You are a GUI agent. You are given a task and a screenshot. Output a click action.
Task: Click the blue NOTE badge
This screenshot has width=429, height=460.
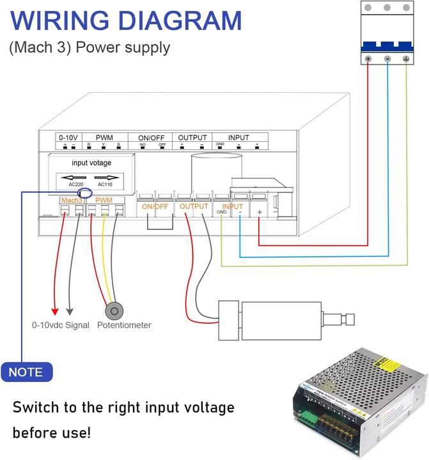26,372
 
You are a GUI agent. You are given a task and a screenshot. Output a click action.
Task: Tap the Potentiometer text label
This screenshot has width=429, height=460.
124,325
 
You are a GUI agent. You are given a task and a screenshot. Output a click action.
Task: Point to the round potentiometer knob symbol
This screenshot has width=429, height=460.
114,311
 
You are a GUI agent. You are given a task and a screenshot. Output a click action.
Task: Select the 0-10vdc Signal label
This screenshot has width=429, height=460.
61,325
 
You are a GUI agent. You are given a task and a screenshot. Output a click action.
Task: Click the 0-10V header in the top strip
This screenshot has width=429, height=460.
68,137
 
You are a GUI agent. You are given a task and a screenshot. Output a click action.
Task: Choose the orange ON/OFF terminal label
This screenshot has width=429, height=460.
155,207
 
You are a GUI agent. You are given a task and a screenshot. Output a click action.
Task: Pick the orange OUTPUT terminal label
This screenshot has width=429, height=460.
194,206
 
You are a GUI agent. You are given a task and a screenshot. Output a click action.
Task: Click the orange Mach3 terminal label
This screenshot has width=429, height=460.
72,201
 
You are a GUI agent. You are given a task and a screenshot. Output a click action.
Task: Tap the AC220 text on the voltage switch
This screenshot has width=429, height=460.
75,185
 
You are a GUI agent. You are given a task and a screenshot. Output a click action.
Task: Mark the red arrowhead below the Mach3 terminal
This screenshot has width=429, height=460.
55,311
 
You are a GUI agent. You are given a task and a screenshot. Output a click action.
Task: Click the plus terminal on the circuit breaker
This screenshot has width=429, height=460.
368,59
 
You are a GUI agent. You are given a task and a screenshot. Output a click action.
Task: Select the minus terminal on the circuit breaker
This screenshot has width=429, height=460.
387,59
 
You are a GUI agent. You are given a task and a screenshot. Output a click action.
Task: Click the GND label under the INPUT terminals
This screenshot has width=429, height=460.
221,211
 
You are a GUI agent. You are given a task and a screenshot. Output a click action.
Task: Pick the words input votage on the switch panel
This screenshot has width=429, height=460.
91,163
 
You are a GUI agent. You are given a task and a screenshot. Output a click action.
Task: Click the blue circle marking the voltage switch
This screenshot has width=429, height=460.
84,193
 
